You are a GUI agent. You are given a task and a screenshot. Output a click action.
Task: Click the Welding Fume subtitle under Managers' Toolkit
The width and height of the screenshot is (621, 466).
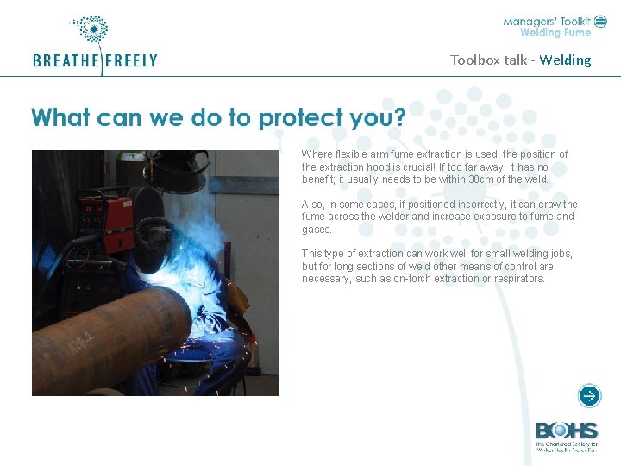[555, 34]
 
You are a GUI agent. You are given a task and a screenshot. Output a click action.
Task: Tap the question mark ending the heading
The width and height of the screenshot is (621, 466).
[398, 117]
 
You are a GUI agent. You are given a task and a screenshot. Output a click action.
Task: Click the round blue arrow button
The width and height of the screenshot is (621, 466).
[589, 396]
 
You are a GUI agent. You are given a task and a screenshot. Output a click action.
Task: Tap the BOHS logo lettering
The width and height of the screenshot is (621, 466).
[566, 431]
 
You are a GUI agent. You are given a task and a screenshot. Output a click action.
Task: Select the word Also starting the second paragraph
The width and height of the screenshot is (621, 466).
[312, 205]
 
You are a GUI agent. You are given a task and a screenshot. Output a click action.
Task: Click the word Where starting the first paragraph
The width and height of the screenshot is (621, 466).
[316, 154]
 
